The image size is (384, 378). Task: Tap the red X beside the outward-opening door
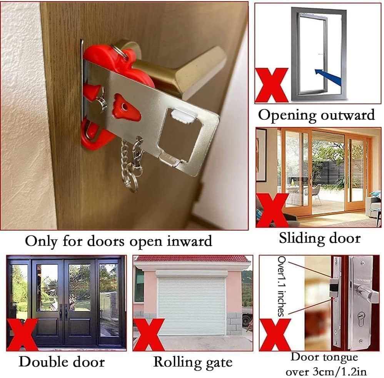(x=271, y=85)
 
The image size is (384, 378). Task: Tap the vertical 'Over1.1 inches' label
(x=282, y=286)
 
